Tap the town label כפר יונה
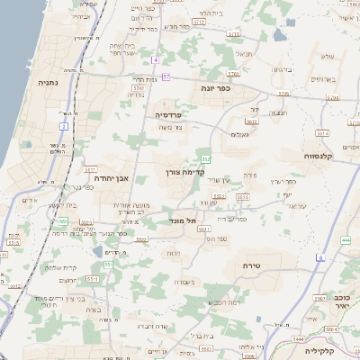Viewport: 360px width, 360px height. [x=217, y=89]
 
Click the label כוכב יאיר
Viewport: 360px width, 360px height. [x=341, y=301]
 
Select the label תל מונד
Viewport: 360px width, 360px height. [x=183, y=219]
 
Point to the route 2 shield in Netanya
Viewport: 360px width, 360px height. [x=63, y=126]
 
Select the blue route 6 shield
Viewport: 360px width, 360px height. [x=319, y=258]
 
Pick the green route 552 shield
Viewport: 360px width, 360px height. [x=207, y=158]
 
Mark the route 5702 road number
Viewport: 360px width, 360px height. [x=139, y=89]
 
